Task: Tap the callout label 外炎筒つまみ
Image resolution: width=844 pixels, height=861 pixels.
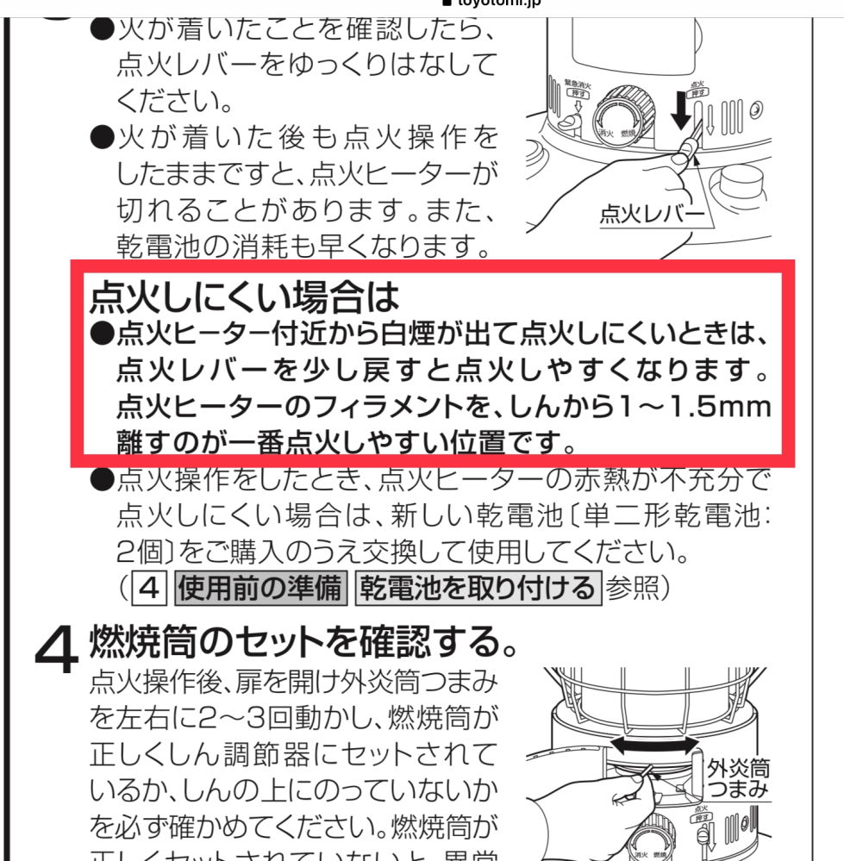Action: tap(738, 778)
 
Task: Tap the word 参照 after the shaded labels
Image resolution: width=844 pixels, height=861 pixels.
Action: tap(634, 589)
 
